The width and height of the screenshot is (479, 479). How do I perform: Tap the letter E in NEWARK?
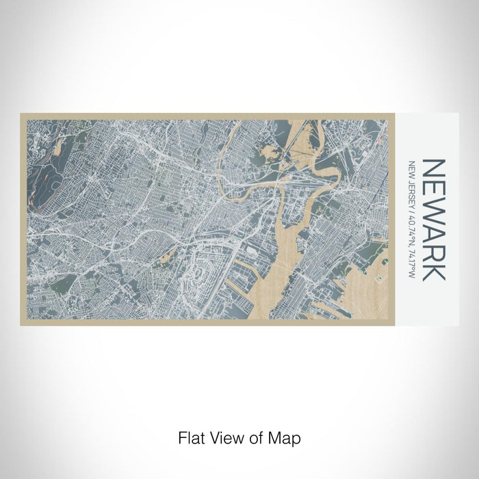point(435,191)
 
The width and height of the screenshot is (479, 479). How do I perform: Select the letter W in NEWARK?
point(435,213)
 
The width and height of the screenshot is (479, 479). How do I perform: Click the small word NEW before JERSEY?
point(412,168)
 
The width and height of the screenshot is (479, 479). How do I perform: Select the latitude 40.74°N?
point(412,226)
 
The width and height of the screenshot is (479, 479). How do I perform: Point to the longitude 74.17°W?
point(412,262)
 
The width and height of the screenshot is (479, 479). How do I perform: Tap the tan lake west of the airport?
point(164,258)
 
